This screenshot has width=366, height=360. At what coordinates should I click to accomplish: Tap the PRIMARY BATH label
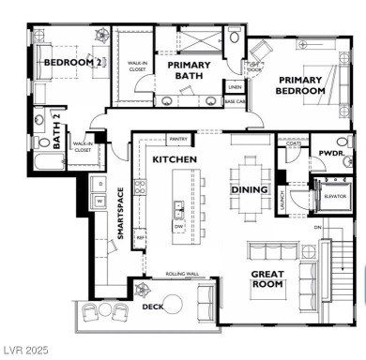point(189,72)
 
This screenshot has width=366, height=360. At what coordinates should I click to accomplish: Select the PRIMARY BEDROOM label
point(300,84)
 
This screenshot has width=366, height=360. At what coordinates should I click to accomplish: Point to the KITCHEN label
point(175,160)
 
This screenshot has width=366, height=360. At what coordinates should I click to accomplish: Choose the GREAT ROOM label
point(267,280)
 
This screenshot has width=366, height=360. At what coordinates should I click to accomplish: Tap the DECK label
point(152,307)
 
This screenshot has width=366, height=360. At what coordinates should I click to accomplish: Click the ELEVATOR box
point(334,196)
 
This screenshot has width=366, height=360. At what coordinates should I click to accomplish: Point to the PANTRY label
point(178,139)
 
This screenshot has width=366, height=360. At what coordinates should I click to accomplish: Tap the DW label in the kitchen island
point(178,225)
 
